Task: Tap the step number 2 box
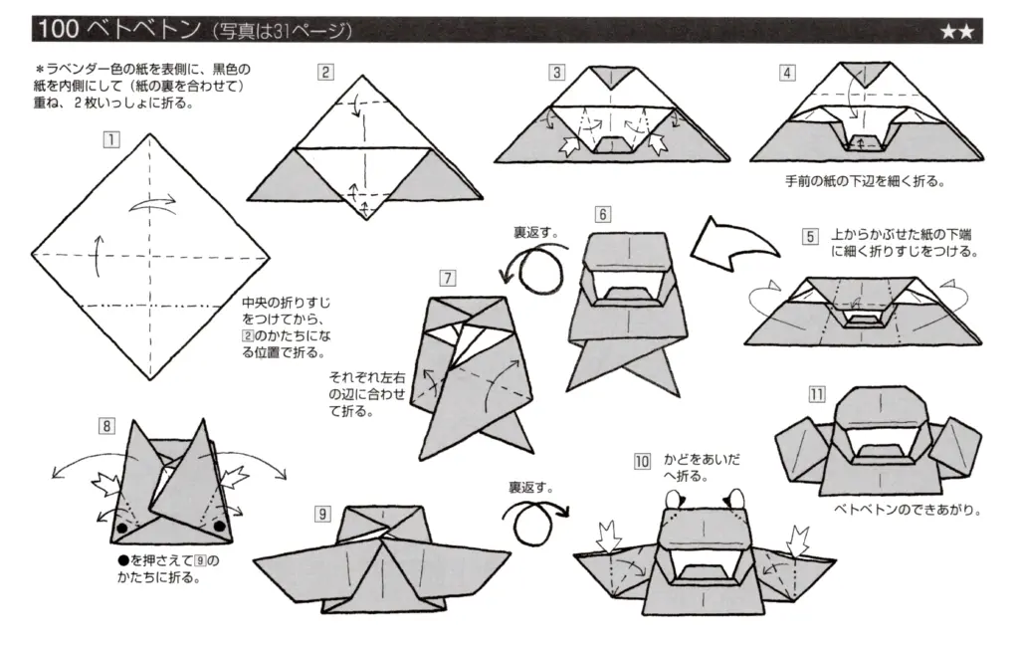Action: click(x=325, y=72)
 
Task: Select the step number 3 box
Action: click(x=557, y=72)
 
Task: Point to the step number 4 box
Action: click(x=787, y=72)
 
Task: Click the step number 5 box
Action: click(x=811, y=236)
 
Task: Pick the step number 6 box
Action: click(x=602, y=213)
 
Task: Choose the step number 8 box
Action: click(x=105, y=426)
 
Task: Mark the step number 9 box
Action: click(x=322, y=514)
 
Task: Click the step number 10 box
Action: click(x=642, y=461)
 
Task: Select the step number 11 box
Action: click(x=816, y=394)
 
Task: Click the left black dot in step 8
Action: click(x=121, y=525)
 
